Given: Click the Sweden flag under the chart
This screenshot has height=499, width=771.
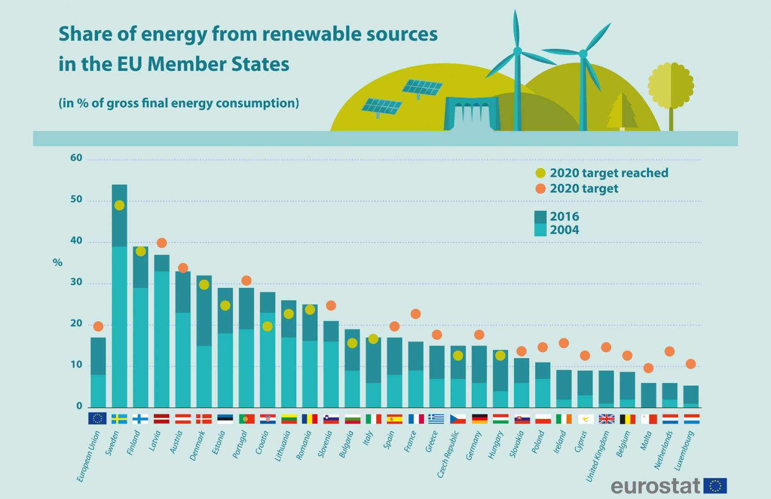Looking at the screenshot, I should coord(119,419).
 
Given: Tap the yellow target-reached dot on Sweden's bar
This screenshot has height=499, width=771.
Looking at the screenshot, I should coord(119,205).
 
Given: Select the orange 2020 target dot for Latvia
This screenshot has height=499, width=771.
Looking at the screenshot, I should coord(162,243).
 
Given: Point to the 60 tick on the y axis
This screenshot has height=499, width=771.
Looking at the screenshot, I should coord(76,158).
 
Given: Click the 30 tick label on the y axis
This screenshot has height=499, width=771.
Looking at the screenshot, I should coord(76,282).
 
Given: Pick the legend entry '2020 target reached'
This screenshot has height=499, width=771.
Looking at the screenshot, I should coord(608,173).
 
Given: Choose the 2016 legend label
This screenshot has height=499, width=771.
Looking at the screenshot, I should coord(564,216).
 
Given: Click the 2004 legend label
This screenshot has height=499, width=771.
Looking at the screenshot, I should coord(564,230).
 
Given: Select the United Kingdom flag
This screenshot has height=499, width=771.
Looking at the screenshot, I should coord(606,419).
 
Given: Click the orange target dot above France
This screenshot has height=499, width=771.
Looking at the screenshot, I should coord(416,314).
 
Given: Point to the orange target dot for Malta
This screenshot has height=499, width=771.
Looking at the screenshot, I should coord(649,368).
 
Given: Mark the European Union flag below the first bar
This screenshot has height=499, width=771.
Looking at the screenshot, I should coord(98,419).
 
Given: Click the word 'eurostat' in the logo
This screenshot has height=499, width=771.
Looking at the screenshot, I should coord(655,486).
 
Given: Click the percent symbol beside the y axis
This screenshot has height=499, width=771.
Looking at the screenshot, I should coord(57,263).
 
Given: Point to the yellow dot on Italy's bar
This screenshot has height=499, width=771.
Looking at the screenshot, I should coord(373,339).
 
